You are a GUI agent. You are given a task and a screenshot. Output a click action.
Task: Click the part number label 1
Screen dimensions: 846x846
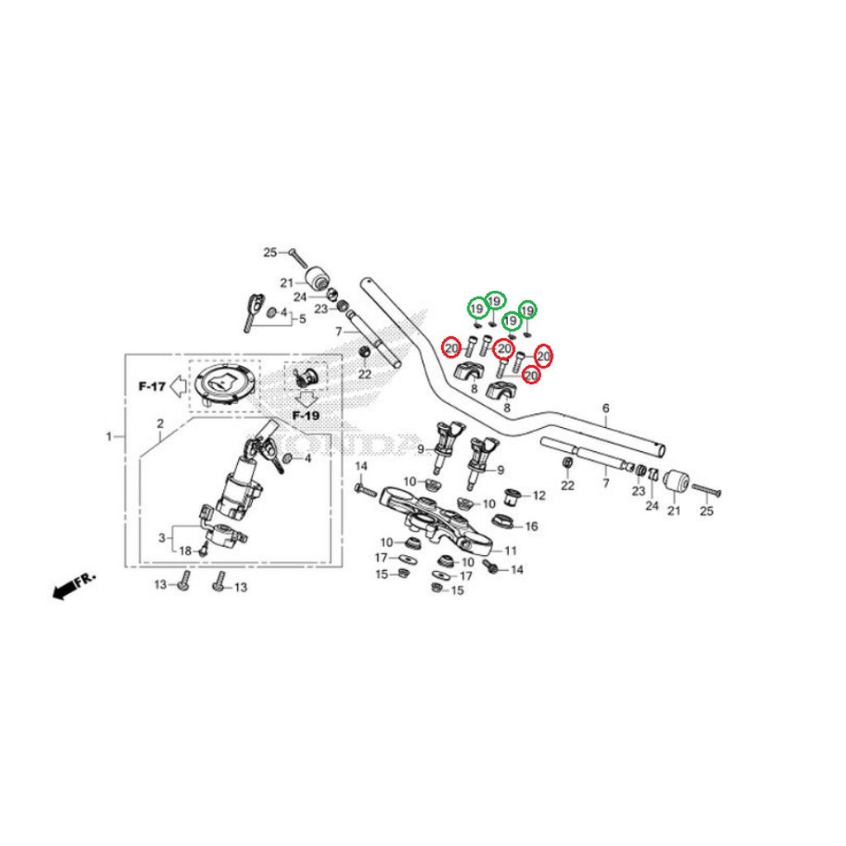tap(109, 436)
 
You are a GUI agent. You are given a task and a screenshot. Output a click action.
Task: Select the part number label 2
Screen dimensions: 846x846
tap(160, 424)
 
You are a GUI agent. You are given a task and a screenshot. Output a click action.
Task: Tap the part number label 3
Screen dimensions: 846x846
tap(162, 538)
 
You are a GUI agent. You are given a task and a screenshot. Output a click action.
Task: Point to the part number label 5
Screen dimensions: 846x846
tap(302, 319)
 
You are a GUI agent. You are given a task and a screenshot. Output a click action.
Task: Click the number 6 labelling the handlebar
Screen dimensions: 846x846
tap(606, 408)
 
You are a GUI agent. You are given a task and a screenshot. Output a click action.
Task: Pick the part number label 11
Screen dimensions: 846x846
tap(511, 550)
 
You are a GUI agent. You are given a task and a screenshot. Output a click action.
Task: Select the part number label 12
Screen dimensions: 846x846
tap(539, 496)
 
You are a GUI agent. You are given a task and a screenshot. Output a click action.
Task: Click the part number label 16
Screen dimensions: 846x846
tap(531, 526)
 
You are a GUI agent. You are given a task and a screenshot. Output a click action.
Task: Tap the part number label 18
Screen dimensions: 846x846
tap(185, 551)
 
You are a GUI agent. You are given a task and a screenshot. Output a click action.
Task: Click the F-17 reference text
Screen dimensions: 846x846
tap(152, 387)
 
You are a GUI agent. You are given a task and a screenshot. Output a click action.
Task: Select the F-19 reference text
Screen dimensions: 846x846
tap(306, 416)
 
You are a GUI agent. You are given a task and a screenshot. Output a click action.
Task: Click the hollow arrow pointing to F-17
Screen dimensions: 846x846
tap(178, 387)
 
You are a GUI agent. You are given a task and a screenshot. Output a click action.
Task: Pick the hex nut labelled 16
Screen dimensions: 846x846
tap(505, 522)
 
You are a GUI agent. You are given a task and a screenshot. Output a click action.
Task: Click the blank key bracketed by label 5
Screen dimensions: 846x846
tap(254, 311)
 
